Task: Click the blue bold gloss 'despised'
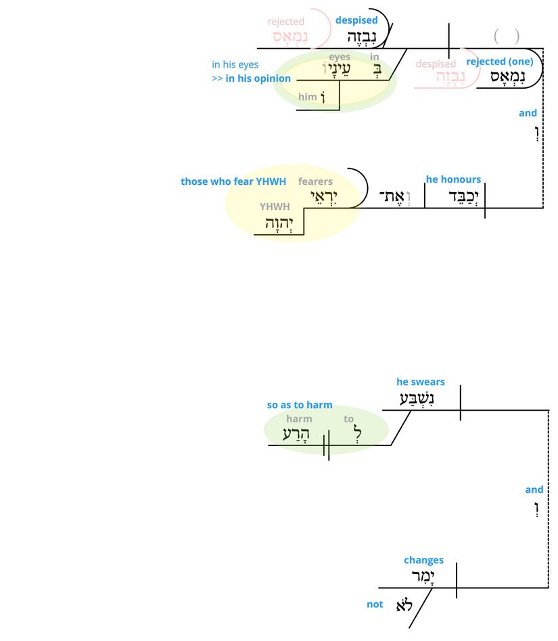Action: (x=356, y=20)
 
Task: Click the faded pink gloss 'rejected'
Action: (x=286, y=22)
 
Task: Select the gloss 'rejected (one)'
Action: (x=500, y=62)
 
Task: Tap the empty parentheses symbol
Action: (x=507, y=36)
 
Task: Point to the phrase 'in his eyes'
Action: (x=235, y=65)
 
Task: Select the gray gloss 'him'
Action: (x=307, y=97)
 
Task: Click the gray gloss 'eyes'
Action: (x=340, y=58)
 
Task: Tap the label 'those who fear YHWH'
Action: (x=233, y=181)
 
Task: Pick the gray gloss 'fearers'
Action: (x=315, y=181)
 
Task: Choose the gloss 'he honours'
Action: (x=453, y=179)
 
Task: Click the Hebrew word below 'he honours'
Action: (x=454, y=196)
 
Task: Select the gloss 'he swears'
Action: (x=421, y=382)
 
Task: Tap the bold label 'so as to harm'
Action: (x=300, y=405)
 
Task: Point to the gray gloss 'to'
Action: (x=348, y=419)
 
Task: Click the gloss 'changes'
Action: (x=423, y=560)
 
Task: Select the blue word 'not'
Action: (x=375, y=604)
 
